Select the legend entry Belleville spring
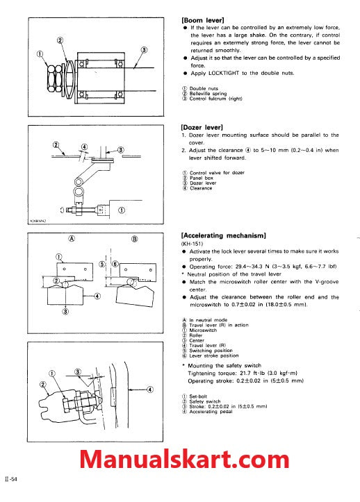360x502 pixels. click(210, 93)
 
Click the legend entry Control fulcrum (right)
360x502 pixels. click(215, 98)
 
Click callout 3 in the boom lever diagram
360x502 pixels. click(144, 50)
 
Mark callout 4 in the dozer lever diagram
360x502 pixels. click(83, 147)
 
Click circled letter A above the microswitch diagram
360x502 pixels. click(72, 238)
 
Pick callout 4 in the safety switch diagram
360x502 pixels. click(149, 390)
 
